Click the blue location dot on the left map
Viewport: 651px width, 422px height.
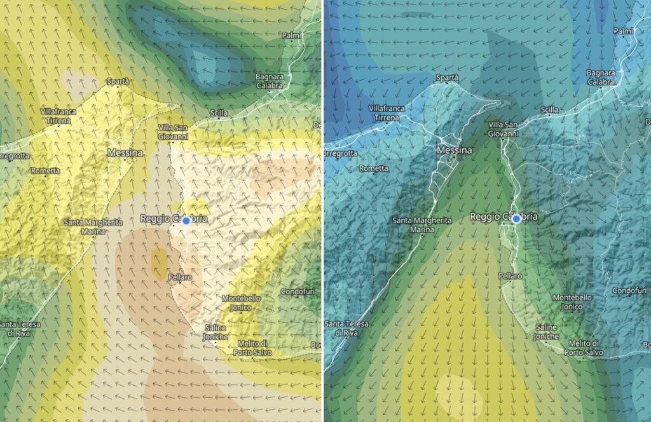pos(186,220)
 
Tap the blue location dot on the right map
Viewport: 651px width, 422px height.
pos(517,219)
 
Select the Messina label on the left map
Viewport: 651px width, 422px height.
pos(125,153)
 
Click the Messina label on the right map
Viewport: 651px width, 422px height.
pos(455,151)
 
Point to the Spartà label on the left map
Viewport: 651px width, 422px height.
pos(118,81)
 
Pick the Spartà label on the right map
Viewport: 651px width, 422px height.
pos(448,78)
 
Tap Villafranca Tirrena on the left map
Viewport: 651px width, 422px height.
pos(58,115)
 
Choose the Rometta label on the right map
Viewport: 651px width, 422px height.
pos(373,168)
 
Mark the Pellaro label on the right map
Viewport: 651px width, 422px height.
pos(511,276)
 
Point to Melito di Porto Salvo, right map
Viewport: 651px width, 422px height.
pos(582,347)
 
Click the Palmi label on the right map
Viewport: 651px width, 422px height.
pos(624,31)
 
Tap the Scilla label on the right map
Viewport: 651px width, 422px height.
pos(549,110)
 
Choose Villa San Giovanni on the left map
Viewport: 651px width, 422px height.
pos(174,132)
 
